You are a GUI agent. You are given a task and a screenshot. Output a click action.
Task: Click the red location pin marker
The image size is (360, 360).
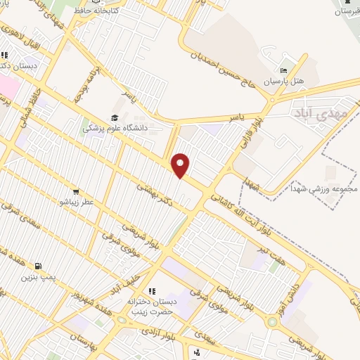pyautogui.click(x=181, y=165)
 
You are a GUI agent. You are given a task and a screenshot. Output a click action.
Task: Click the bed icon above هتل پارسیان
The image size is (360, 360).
pyautogui.click(x=283, y=71)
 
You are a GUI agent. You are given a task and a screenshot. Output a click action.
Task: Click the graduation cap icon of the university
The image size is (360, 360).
pyautogui.click(x=114, y=118)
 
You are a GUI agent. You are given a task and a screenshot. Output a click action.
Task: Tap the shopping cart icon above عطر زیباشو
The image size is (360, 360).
pyautogui.click(x=75, y=191)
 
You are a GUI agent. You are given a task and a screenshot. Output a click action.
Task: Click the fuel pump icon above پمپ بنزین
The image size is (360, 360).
pyautogui.click(x=38, y=266)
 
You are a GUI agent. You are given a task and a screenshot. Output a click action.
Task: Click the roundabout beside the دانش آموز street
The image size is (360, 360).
pyautogui.click(x=272, y=322)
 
